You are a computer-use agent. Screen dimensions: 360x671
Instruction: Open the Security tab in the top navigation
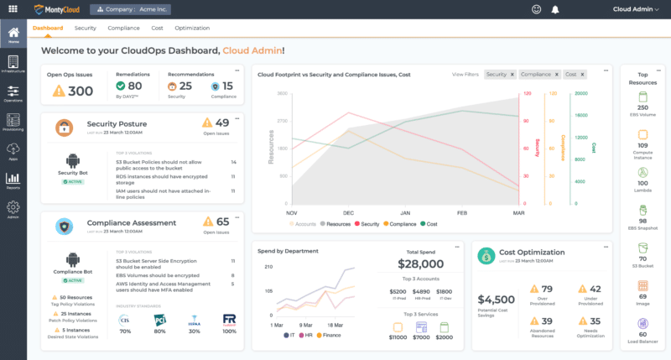pos(85,28)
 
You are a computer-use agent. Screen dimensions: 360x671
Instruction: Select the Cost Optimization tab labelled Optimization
pos(192,28)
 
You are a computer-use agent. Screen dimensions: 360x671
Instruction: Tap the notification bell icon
pos(554,9)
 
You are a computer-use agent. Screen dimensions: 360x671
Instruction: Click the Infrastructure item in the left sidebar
pos(13,65)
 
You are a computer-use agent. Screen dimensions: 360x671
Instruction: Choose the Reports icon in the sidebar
pos(13,180)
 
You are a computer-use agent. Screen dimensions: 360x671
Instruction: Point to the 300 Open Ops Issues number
pos(80,91)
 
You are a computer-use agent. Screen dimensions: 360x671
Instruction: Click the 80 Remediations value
pos(134,85)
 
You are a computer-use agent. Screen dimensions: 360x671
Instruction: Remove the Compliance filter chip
pos(554,75)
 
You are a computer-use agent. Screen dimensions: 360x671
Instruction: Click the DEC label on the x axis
pos(348,212)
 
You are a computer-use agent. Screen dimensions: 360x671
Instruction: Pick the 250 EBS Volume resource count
pos(642,107)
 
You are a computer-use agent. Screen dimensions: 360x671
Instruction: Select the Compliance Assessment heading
pos(132,223)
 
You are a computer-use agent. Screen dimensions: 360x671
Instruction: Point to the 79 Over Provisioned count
pos(547,290)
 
